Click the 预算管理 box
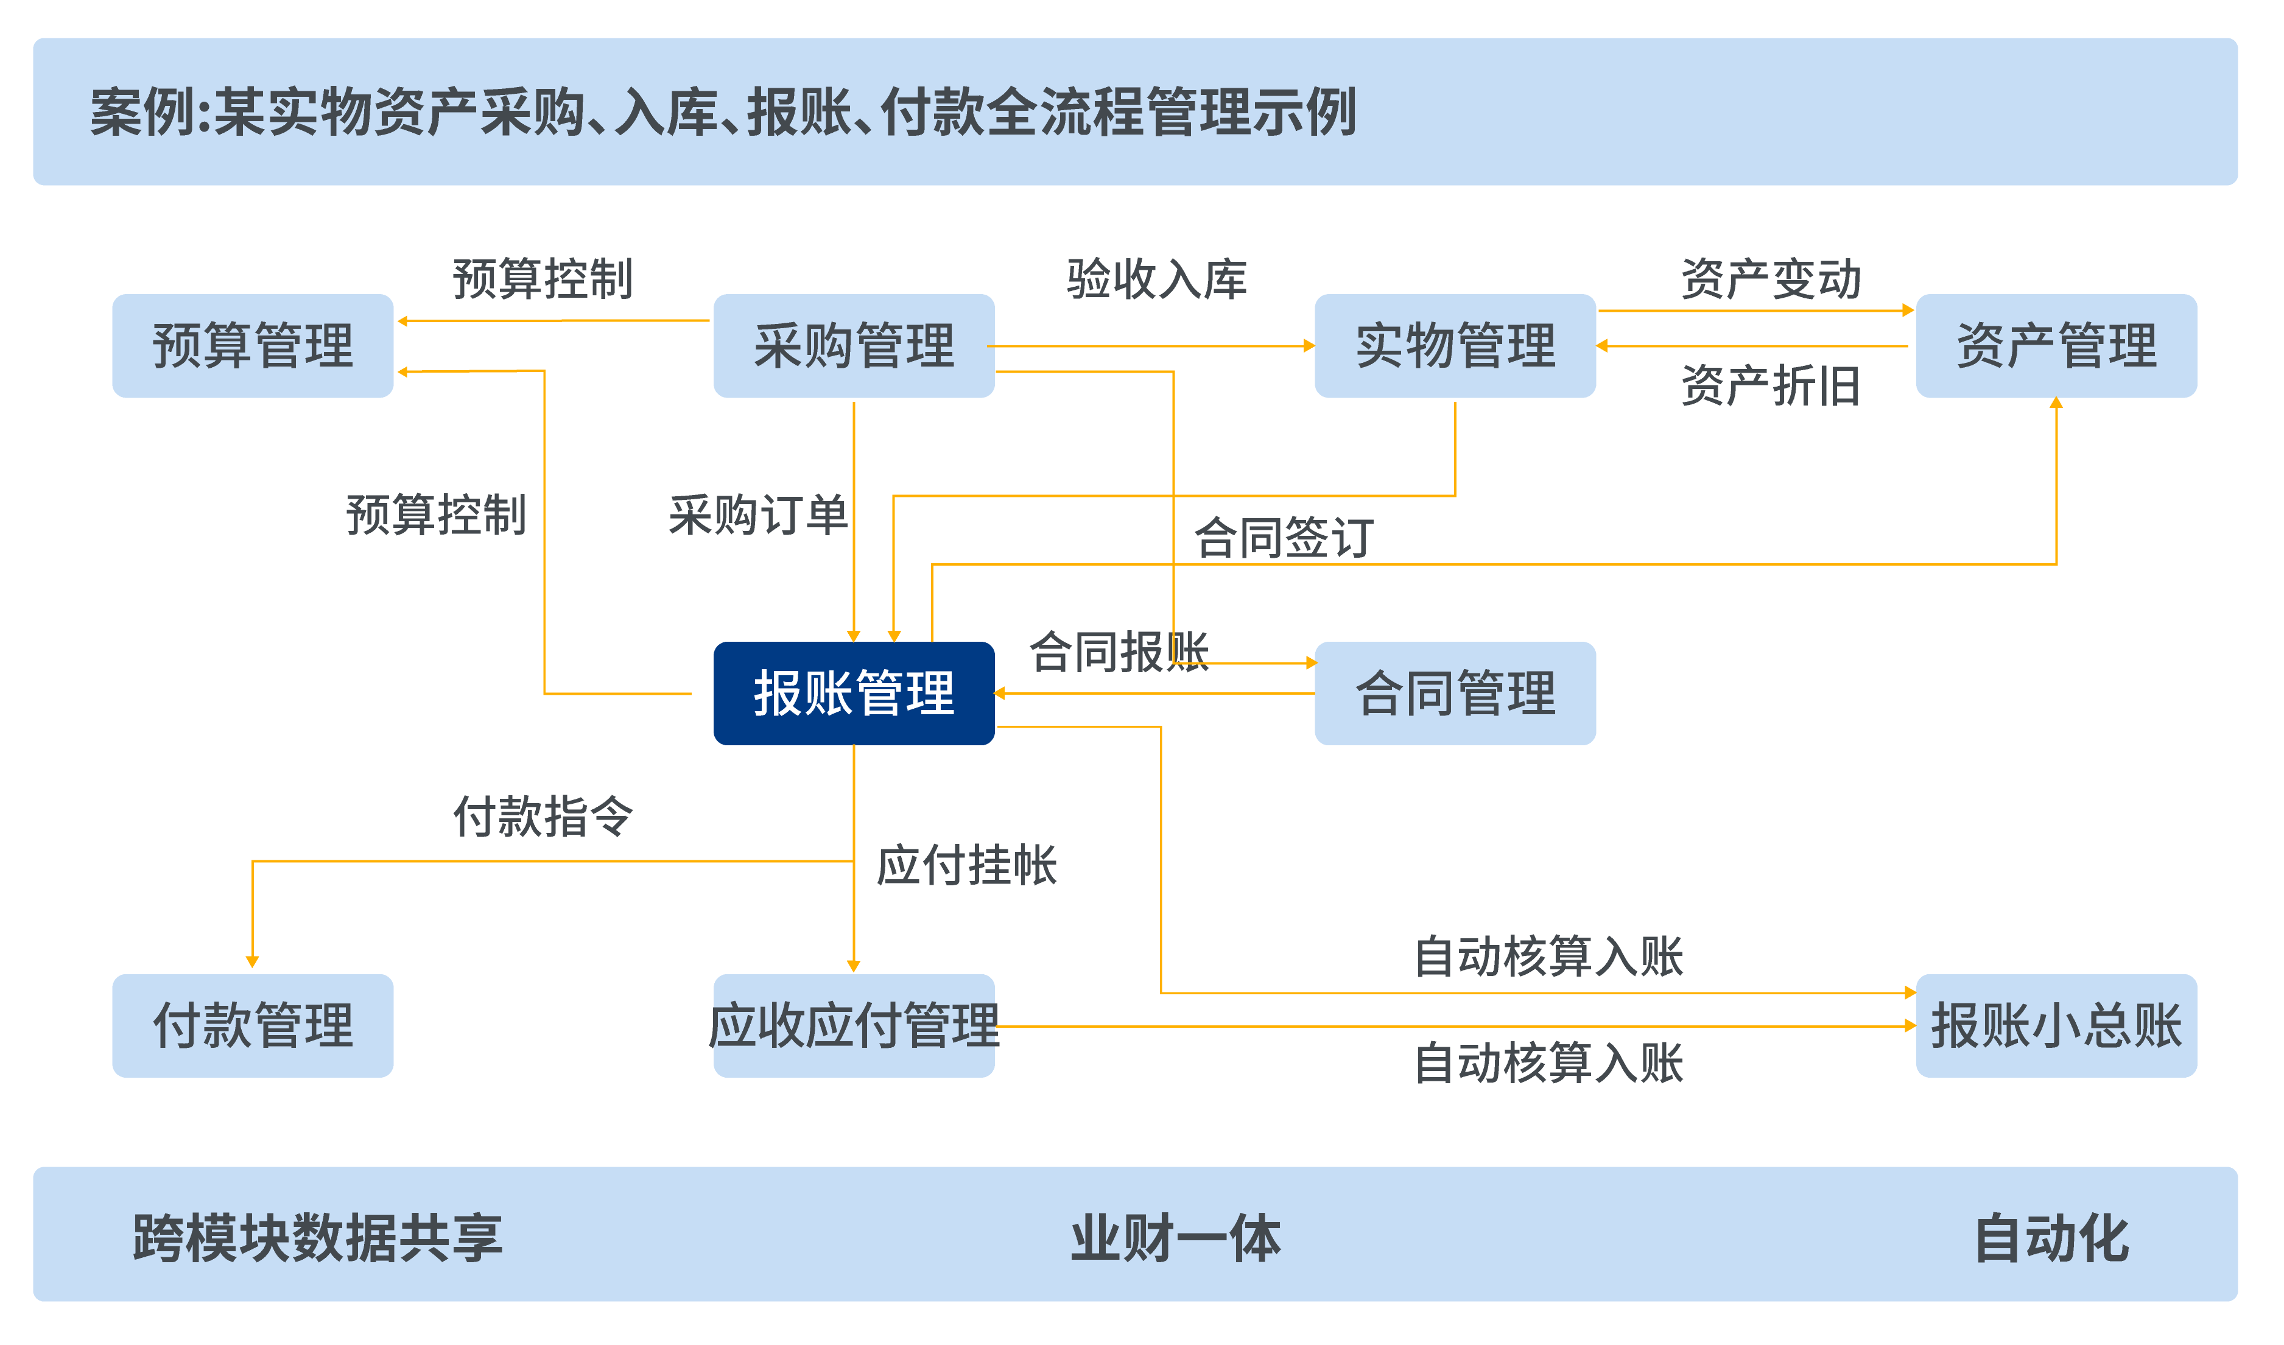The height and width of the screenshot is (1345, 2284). [x=253, y=345]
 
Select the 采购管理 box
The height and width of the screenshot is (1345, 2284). [x=854, y=345]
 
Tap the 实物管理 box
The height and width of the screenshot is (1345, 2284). [x=1455, y=345]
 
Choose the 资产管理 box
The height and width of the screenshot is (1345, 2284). [x=2056, y=345]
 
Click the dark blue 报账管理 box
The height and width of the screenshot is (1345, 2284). [x=854, y=694]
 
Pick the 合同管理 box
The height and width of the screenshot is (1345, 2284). [x=1455, y=694]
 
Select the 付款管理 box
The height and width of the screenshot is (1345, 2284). [x=253, y=1025]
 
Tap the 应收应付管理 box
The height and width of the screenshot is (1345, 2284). [x=854, y=1025]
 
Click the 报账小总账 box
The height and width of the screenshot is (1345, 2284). [x=2056, y=1025]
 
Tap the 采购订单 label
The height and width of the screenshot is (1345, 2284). [x=759, y=514]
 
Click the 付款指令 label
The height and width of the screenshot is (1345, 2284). [x=543, y=816]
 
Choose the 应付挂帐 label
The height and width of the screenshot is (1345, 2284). [x=966, y=864]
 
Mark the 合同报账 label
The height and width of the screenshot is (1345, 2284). [x=1119, y=651]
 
